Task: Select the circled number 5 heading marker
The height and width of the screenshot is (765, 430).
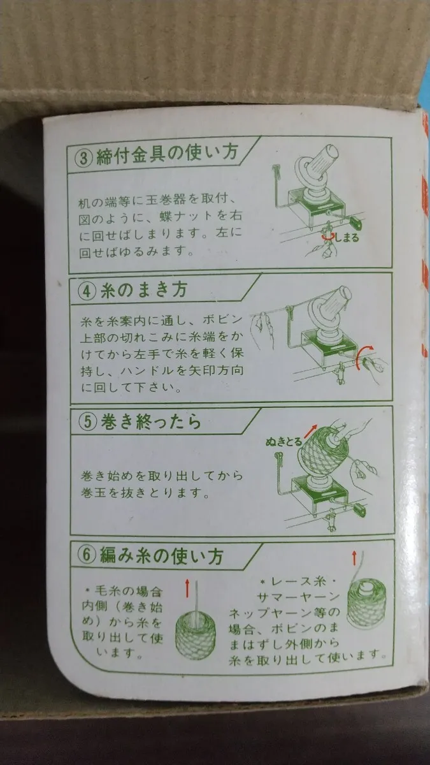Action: click(88, 423)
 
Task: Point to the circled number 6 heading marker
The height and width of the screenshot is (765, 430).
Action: click(87, 555)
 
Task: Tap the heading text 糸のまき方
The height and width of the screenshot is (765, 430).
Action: click(144, 290)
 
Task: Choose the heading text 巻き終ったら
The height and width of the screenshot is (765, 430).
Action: click(151, 422)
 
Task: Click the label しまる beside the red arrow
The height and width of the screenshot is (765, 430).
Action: click(347, 237)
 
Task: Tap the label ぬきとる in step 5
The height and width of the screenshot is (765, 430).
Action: click(284, 442)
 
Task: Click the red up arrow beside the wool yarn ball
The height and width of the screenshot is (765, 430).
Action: click(187, 588)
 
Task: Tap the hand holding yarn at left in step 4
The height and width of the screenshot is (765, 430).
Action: click(261, 327)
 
